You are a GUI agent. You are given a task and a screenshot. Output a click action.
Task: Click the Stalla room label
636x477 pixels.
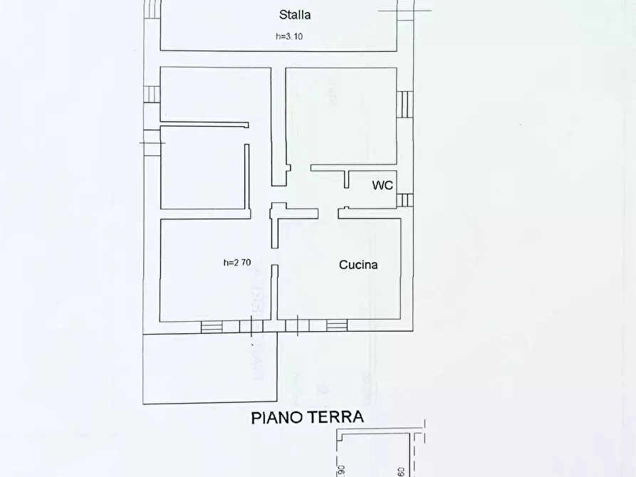click(294, 14)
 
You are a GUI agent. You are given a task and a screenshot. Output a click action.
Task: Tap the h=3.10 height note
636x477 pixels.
click(293, 37)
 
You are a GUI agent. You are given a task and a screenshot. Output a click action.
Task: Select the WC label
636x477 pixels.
click(382, 185)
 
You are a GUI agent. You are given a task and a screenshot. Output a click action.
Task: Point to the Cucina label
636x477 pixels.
click(358, 265)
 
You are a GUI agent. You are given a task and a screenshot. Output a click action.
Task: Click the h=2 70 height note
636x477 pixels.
click(236, 263)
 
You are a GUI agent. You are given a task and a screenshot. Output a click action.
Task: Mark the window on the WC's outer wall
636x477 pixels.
click(405, 200)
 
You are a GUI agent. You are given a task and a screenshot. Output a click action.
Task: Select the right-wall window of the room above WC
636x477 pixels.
click(404, 104)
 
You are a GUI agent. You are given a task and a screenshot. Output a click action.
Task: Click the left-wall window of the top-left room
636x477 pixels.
click(152, 95)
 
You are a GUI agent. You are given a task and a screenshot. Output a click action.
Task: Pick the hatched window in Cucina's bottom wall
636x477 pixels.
click(337, 326)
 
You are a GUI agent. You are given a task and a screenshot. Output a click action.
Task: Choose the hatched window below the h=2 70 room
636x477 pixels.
click(212, 327)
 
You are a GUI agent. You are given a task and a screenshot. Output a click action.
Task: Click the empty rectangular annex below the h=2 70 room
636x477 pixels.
click(210, 368)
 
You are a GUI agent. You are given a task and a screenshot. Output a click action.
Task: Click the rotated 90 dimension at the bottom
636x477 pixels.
click(340, 470)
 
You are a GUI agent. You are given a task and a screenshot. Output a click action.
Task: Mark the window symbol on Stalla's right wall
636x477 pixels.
click(405, 9)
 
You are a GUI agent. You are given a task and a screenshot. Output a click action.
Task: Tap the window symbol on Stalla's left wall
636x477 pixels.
click(152, 9)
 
